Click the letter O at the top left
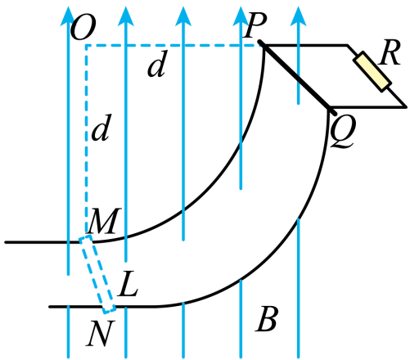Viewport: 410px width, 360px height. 83,27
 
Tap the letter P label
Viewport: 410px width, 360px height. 255,26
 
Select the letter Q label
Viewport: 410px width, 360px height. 343,132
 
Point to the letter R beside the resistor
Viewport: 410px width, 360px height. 390,52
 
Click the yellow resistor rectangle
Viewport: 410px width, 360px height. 372,71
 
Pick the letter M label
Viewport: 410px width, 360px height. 104,221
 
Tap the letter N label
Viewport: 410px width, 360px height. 100,333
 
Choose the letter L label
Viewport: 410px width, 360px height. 128,284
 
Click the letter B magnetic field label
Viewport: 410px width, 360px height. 267,319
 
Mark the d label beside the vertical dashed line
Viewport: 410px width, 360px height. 101,128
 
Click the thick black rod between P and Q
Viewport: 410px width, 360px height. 297,78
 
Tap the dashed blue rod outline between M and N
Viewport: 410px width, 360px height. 97,275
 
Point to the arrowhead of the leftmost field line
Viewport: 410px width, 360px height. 68,16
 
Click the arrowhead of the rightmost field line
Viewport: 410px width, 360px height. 298,16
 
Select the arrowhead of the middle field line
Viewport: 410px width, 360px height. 183,16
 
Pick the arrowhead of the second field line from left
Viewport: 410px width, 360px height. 126,16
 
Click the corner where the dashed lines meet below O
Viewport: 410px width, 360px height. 87,45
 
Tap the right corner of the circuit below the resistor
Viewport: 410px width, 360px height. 405,106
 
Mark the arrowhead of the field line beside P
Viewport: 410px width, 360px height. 241,16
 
